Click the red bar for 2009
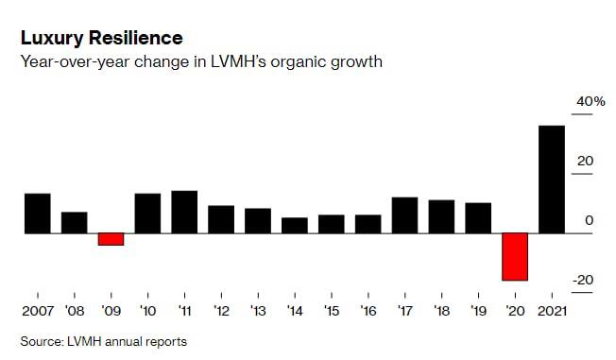click(x=111, y=239)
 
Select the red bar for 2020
click(x=515, y=257)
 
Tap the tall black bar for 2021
click(x=552, y=180)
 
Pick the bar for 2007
click(x=38, y=214)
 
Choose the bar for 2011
click(x=184, y=213)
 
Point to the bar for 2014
click(x=295, y=226)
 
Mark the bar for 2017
click(x=404, y=215)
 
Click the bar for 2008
click(x=75, y=223)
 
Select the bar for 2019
click(x=478, y=218)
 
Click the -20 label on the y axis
click(x=583, y=281)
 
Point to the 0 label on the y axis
click(x=589, y=220)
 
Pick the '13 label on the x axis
click(x=258, y=311)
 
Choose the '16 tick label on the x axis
click(x=368, y=311)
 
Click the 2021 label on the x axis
click(x=552, y=311)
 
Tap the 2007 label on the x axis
click(x=38, y=311)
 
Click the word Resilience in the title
click(x=135, y=38)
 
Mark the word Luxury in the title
click(x=52, y=39)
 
